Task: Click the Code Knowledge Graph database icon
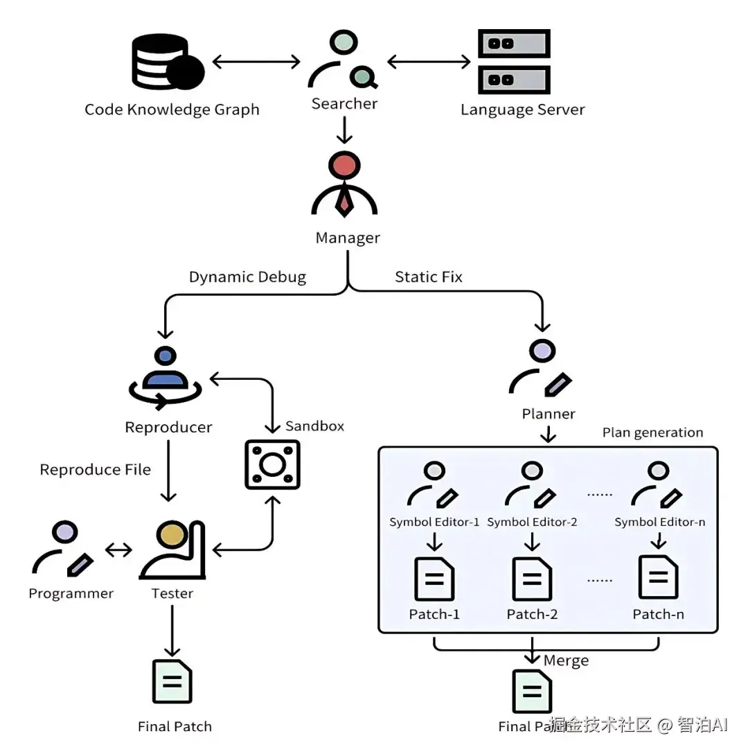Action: pos(166,63)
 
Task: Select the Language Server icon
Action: pos(513,62)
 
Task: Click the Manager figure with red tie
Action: pos(344,185)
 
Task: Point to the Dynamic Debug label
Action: pos(247,277)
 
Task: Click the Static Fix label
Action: pos(428,277)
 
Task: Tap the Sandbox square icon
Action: pos(272,464)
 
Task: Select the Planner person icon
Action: pos(541,367)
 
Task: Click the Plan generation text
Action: pos(652,432)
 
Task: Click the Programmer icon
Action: pos(63,548)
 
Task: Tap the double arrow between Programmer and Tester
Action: pos(118,550)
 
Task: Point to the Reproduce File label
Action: pos(95,470)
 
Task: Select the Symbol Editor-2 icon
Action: pos(531,484)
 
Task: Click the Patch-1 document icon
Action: pos(434,579)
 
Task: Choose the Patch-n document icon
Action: pos(658,577)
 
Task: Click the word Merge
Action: pos(566,660)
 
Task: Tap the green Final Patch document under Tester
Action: pos(172,682)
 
